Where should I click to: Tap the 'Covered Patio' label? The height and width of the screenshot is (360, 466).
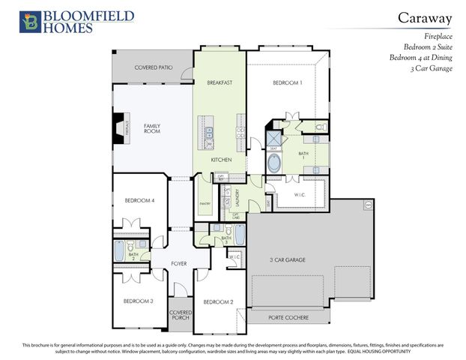pyautogui.click(x=153, y=67)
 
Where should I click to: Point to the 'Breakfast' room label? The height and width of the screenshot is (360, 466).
pyautogui.click(x=219, y=82)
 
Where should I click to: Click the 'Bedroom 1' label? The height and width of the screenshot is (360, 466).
pyautogui.click(x=287, y=82)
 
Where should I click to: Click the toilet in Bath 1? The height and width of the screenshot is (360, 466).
pyautogui.click(x=320, y=129)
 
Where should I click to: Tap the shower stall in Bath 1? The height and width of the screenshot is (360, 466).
pyautogui.click(x=274, y=139)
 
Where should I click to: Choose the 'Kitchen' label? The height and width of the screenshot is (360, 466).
pyautogui.click(x=220, y=160)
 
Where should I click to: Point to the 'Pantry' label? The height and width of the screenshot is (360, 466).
pyautogui.click(x=204, y=203)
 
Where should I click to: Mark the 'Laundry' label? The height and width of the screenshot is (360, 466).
pyautogui.click(x=238, y=197)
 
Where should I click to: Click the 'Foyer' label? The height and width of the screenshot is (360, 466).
pyautogui.click(x=178, y=263)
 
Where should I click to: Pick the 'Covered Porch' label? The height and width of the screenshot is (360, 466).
pyautogui.click(x=180, y=315)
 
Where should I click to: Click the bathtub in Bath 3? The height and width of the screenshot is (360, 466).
pyautogui.click(x=239, y=235)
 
